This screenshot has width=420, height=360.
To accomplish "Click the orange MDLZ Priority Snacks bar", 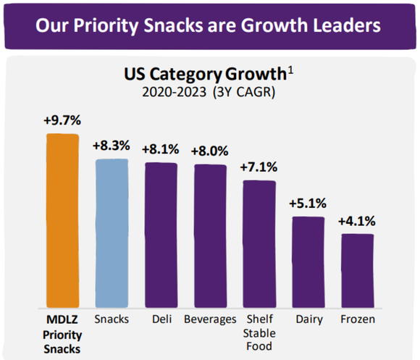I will point(62,221).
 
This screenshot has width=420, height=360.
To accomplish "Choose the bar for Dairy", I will point(307,261).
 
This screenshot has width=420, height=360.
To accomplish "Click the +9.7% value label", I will point(62,120).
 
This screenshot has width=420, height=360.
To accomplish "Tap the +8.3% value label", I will point(112,145).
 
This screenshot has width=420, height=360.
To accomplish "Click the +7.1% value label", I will point(259,167).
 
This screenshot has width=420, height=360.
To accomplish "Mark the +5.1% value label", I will point(307,204).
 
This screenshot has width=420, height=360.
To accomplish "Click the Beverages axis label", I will point(209,319).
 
